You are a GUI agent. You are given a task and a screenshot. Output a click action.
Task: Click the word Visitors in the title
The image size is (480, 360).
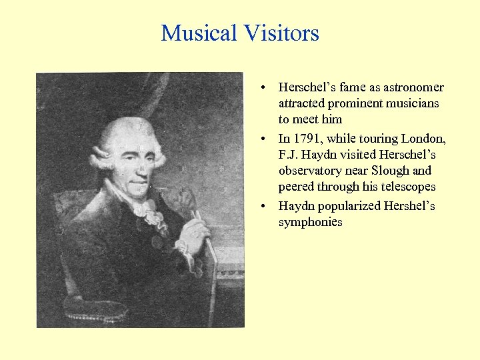[281, 33]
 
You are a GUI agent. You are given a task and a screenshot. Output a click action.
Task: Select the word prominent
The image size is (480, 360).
[345, 103]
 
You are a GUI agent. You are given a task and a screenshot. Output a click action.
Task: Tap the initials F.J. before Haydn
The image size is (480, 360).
[289, 155]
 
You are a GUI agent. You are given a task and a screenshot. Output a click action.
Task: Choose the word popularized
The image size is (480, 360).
[349, 205]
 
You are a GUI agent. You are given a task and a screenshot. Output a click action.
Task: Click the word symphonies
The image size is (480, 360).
[310, 222]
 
